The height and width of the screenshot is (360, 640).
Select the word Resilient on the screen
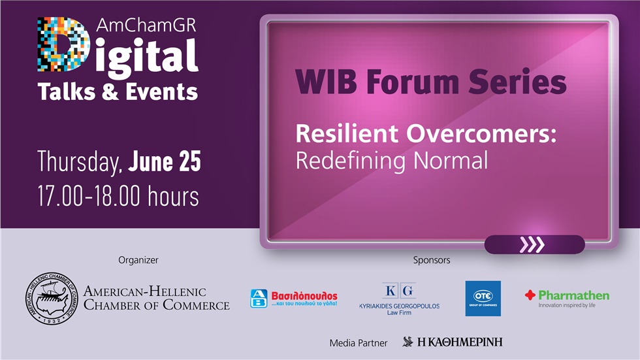click(347, 134)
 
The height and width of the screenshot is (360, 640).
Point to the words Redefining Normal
click(391, 160)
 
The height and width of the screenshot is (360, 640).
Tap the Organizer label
click(138, 260)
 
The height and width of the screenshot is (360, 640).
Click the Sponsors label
click(432, 260)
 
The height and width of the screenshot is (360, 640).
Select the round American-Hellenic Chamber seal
click(52, 298)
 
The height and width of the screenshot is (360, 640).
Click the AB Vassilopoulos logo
click(294, 299)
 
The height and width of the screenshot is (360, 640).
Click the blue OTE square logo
click(483, 299)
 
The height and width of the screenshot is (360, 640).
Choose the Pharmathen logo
click(567, 297)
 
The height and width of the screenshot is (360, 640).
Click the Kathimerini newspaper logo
click(453, 342)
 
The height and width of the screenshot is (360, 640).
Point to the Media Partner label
click(359, 342)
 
